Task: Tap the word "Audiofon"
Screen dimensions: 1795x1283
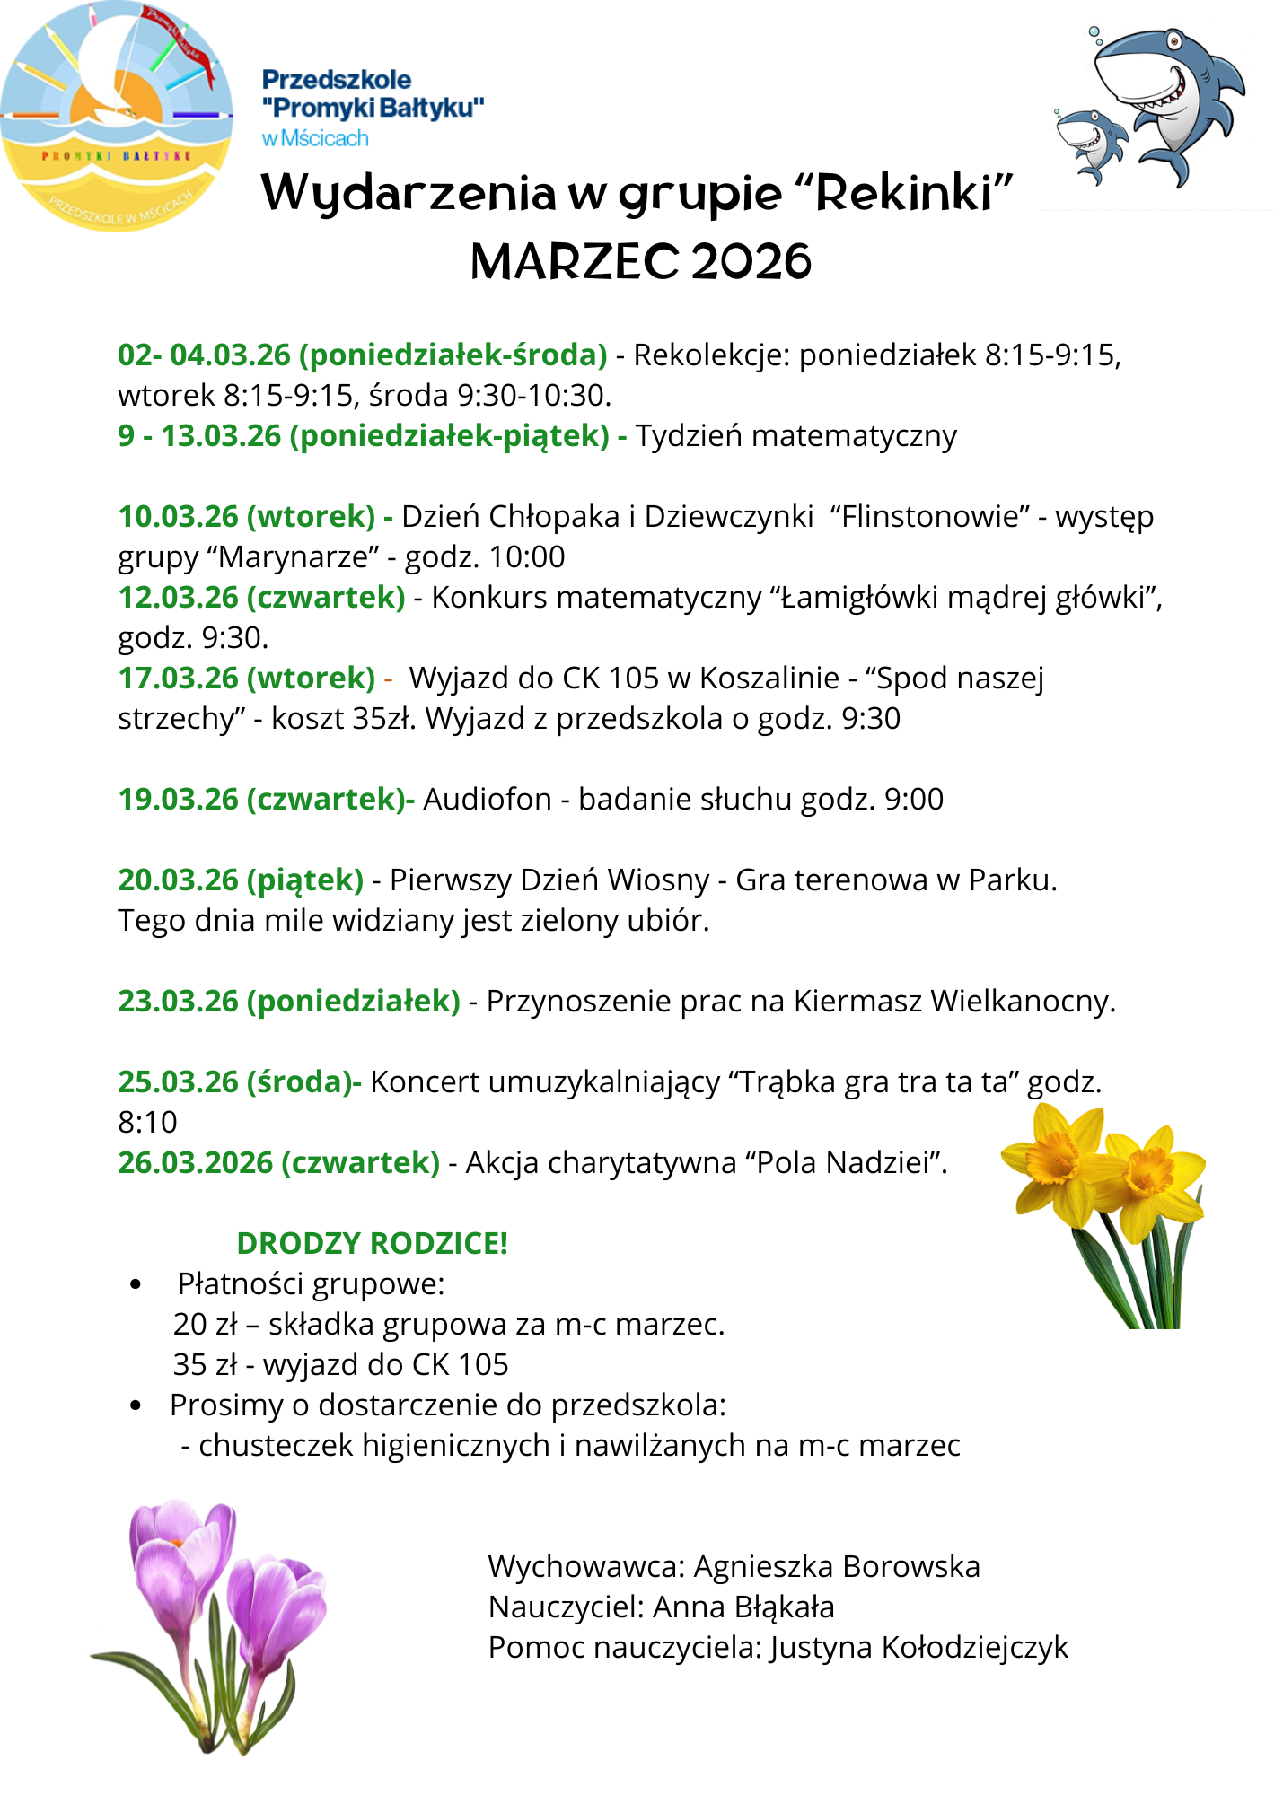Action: coord(487,800)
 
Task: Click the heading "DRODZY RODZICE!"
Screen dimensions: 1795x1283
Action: coord(372,1244)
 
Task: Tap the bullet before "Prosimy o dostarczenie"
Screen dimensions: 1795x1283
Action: coord(136,1405)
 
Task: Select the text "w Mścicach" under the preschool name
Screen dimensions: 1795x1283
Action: coord(315,138)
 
